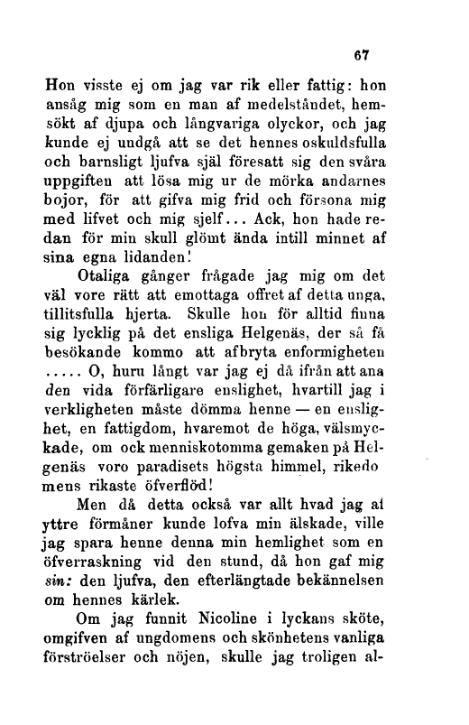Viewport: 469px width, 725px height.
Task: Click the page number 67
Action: click(363, 53)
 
